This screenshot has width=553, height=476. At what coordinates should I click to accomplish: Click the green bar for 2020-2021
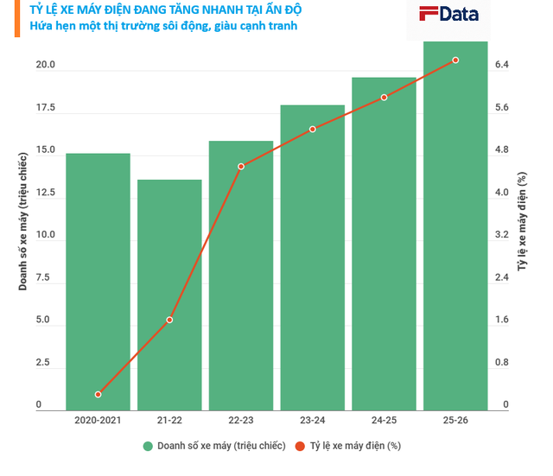[98, 282]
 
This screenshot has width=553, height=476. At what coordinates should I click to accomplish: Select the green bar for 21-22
[169, 295]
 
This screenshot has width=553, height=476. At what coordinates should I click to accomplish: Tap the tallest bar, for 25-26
[455, 226]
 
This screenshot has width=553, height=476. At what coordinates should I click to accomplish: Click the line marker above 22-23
[241, 167]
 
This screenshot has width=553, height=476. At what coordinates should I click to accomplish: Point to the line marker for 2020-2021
[98, 394]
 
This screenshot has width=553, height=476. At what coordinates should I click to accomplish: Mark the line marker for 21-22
[169, 320]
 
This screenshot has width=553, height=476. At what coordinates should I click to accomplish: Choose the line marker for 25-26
[455, 60]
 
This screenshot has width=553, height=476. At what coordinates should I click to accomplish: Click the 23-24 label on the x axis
[313, 421]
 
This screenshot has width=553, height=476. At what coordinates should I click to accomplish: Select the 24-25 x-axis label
[384, 421]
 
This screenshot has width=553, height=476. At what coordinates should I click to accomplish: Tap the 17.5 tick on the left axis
[46, 107]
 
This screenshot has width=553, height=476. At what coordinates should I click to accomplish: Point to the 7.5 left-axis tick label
[42, 277]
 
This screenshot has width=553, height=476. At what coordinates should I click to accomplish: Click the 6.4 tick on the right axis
[502, 65]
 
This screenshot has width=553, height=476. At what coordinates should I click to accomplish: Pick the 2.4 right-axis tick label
[502, 277]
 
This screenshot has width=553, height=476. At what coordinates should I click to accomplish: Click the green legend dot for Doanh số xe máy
[148, 446]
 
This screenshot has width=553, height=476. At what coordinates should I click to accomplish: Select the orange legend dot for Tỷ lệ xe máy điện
[300, 446]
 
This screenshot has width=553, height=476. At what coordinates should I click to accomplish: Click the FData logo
[448, 15]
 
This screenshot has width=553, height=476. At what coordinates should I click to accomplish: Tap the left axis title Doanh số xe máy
[23, 221]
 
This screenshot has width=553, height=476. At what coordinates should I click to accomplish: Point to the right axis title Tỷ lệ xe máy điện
[522, 221]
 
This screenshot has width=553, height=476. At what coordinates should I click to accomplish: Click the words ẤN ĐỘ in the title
[283, 10]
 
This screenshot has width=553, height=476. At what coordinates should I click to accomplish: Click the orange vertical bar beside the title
[17, 18]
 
